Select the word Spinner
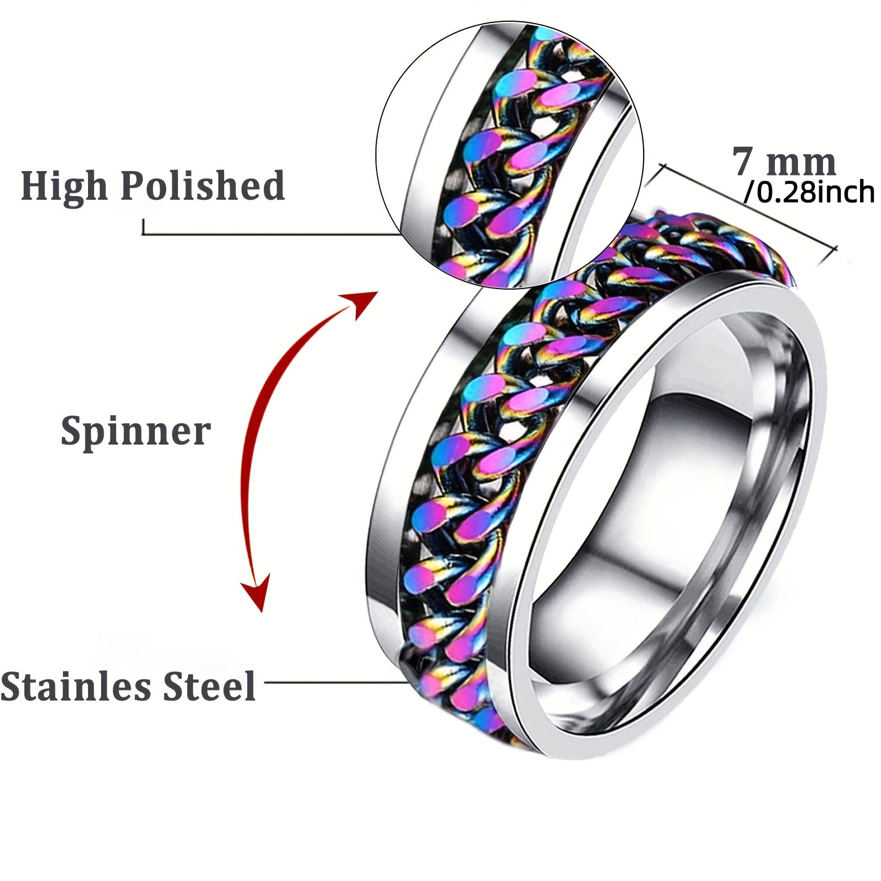[135, 431]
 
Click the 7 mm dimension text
[784, 162]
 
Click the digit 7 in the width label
[742, 162]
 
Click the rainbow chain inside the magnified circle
[512, 160]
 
